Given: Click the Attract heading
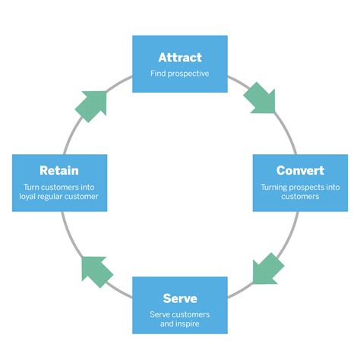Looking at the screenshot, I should (180, 58).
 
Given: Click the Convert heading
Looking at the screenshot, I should (300, 170).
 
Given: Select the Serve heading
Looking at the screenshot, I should (180, 298).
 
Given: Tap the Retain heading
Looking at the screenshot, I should (59, 170).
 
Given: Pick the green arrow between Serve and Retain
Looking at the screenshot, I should (97, 270).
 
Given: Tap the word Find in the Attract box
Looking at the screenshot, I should (158, 74).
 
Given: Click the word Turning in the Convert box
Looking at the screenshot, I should (275, 187).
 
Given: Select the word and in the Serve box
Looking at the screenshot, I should (168, 325).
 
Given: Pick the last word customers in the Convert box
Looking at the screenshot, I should (300, 197).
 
